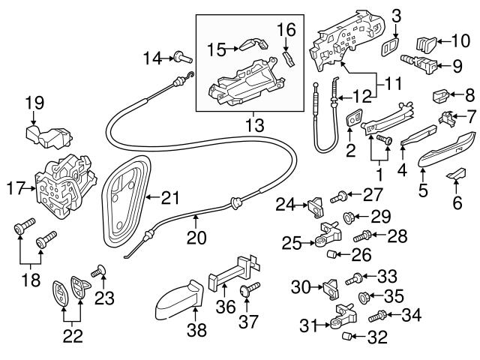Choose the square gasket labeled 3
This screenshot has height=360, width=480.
pyautogui.click(x=390, y=49)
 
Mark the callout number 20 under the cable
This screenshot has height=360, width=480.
pyautogui.click(x=195, y=239)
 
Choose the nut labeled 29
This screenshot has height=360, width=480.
pyautogui.click(x=348, y=218)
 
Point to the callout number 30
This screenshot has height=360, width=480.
pyautogui.click(x=300, y=286)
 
